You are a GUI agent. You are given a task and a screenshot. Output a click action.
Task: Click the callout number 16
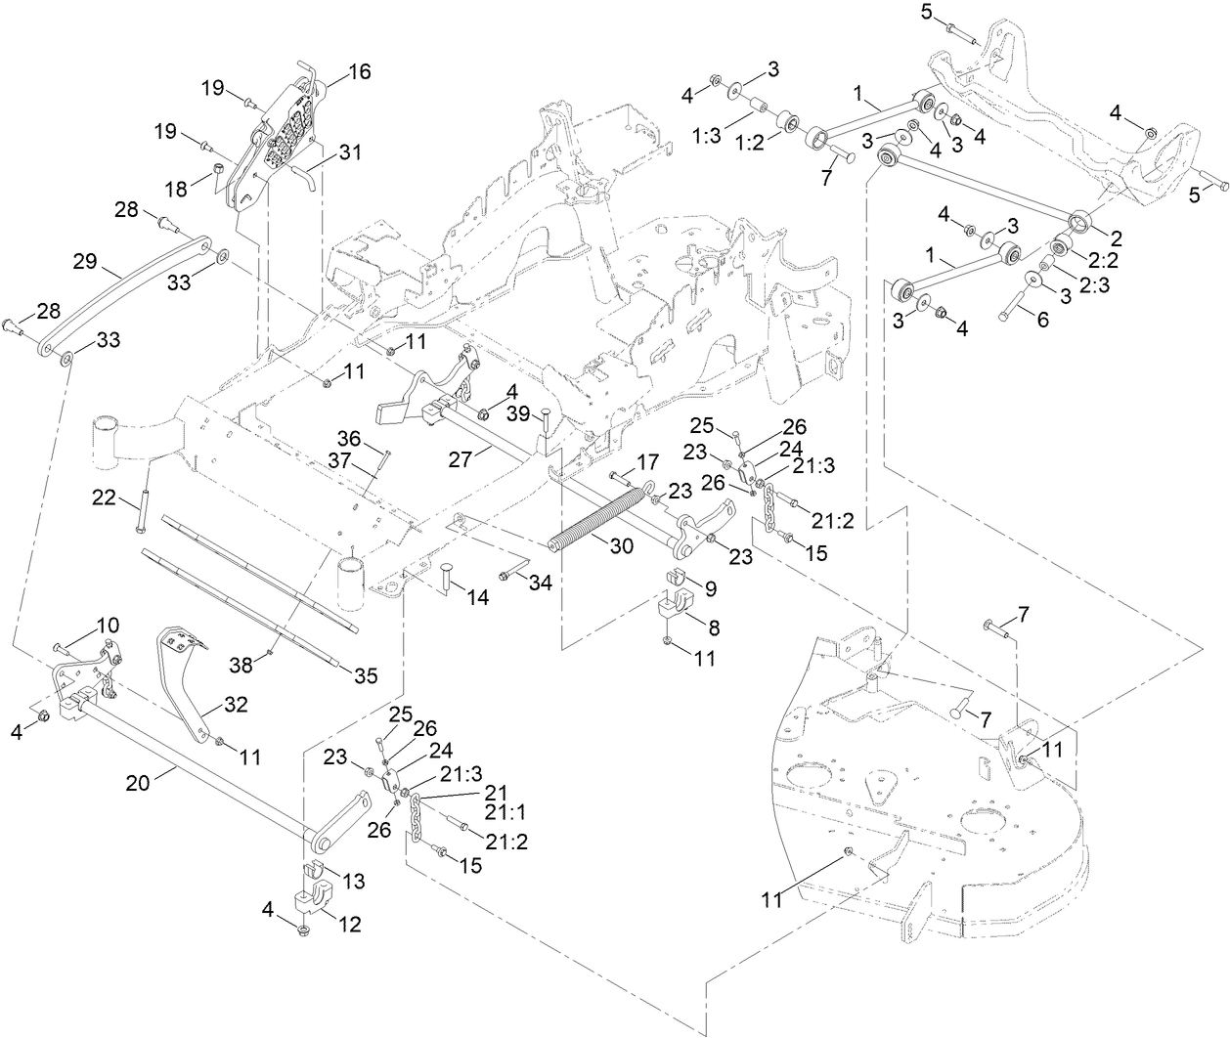pyautogui.click(x=360, y=72)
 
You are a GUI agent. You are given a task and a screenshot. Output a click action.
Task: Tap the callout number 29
pyautogui.click(x=86, y=261)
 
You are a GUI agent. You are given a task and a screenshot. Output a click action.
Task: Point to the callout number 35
pyautogui.click(x=364, y=674)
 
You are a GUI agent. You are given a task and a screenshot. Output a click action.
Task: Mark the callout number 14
pyautogui.click(x=478, y=597)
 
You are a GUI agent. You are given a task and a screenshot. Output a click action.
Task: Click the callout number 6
pyautogui.click(x=1042, y=320)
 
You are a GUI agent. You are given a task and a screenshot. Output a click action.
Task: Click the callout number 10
pyautogui.click(x=108, y=624)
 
